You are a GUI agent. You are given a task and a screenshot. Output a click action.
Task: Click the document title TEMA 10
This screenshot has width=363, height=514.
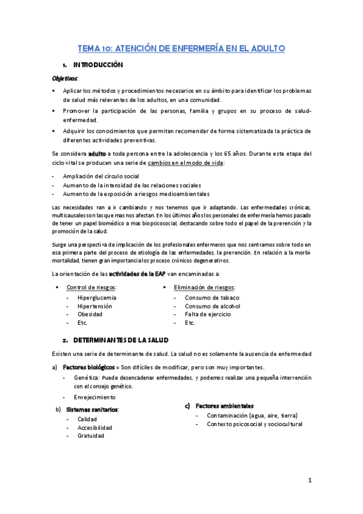[181, 48]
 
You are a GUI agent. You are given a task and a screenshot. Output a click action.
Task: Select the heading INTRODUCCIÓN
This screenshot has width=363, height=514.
[98, 65]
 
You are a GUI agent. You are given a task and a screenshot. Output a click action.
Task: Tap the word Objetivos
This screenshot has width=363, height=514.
[65, 78]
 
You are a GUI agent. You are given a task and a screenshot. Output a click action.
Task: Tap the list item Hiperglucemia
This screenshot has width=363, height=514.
[97, 298]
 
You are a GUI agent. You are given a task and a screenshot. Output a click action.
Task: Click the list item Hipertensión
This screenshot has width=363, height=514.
[96, 306]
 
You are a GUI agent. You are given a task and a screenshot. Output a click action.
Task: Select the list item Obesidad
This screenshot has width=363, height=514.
[90, 315]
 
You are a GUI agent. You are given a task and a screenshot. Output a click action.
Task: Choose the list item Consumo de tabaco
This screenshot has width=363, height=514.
[212, 298]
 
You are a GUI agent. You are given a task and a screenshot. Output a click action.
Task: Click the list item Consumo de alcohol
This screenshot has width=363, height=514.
[213, 306]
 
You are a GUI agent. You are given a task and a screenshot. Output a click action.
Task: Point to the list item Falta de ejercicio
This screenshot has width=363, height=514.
[209, 315]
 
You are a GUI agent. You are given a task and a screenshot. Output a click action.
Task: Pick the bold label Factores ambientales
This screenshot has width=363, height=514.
[225, 406]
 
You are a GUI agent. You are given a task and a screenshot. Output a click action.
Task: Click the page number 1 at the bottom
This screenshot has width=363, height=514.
[309, 481]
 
